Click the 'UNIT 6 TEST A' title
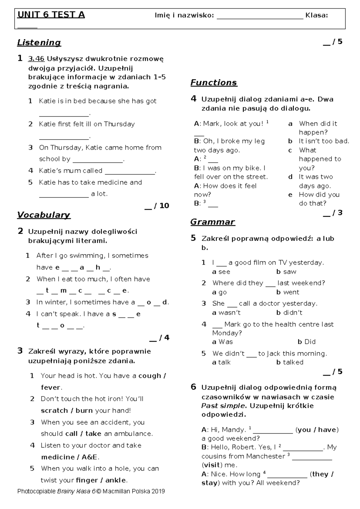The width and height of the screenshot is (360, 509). click(51, 15)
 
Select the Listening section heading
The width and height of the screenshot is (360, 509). click(39, 43)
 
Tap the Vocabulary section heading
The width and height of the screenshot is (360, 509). click(43, 215)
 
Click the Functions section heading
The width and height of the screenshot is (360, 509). click(214, 83)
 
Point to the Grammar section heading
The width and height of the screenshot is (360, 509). click(212, 222)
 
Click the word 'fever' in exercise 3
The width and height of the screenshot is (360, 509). click(51, 387)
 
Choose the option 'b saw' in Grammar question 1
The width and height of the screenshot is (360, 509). click(286, 272)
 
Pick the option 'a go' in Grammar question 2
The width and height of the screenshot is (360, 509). click(219, 292)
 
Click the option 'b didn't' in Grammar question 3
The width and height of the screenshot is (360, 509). click(289, 313)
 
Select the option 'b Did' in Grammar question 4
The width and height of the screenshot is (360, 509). click(306, 342)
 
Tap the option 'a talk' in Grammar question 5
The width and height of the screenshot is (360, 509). click(221, 363)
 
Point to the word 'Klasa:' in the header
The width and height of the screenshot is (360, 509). click(316, 15)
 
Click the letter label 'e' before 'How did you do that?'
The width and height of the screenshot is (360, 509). click(290, 195)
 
